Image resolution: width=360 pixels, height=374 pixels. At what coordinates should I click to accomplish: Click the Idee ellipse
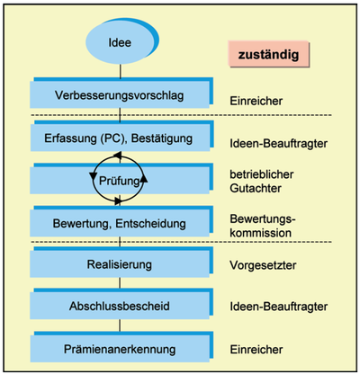point(120,42)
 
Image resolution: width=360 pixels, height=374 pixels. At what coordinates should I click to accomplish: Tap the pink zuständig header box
point(268,54)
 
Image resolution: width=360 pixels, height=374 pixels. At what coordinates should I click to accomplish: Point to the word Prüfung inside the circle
point(120,181)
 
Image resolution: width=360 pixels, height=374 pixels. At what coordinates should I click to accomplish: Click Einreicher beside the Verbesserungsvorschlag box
point(256,101)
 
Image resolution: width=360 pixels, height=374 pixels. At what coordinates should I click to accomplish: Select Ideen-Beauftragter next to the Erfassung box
point(279,144)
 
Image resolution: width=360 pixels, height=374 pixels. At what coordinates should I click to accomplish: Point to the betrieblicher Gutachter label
point(262,182)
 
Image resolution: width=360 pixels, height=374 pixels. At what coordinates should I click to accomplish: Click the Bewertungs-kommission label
point(263,226)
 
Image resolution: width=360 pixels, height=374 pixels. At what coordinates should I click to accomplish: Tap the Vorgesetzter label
point(263,265)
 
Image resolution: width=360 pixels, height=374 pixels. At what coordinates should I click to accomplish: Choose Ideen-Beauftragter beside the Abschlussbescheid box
point(279,307)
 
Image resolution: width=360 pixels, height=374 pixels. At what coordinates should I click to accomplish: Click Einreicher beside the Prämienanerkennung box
point(256,350)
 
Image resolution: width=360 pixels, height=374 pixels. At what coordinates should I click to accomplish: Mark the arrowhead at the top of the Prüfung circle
point(117,156)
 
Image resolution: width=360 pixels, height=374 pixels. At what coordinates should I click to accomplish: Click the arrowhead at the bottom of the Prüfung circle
point(118,201)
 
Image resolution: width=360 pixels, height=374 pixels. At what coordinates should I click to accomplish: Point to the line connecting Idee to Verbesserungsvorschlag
point(121,71)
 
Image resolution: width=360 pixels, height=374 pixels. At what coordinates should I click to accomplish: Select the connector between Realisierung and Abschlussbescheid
point(120,283)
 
